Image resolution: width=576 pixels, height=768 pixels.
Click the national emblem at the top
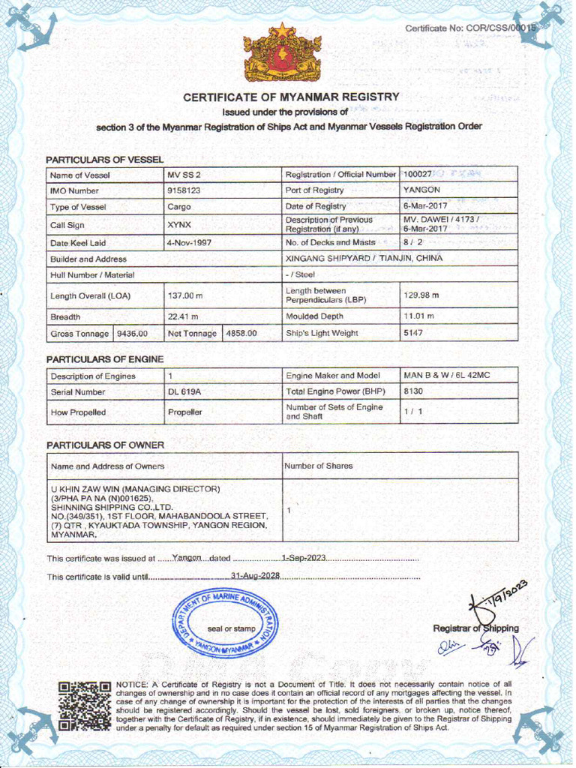coord(282,53)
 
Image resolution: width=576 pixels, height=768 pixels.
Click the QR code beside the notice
coord(84,705)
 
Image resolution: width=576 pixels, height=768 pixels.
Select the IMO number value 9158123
coord(184,190)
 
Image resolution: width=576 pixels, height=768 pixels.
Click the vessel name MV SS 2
coord(184,175)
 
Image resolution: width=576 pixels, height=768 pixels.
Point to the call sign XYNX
coord(179,224)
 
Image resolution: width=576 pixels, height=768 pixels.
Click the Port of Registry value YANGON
coord(421,190)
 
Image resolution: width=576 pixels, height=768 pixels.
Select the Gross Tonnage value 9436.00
coord(133,333)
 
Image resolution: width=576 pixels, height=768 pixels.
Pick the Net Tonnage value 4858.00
coord(241,333)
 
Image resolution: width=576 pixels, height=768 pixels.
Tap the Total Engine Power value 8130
coord(413,391)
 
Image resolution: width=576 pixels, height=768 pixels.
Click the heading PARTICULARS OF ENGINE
coord(104,359)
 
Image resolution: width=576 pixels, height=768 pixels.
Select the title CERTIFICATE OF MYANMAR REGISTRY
coord(292,97)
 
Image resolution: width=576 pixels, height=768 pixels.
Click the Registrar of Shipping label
coord(475,628)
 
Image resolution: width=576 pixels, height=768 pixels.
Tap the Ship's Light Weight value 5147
coord(413,333)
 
